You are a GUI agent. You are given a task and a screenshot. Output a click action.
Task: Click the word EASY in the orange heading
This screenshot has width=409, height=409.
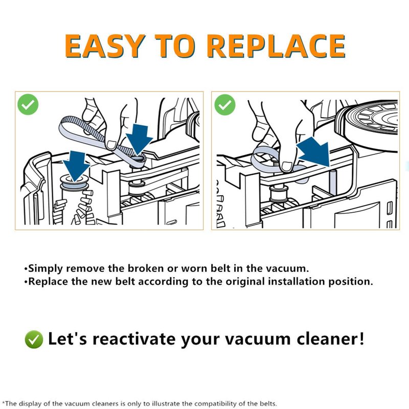[105, 46]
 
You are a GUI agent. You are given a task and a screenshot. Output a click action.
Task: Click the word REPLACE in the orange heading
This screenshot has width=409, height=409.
[277, 46]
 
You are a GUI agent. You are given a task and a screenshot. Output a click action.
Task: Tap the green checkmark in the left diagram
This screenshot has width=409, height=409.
[28, 104]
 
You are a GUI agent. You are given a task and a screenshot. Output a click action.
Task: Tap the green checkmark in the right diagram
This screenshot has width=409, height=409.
[224, 105]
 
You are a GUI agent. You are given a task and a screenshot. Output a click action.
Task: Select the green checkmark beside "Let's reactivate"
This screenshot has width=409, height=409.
[34, 339]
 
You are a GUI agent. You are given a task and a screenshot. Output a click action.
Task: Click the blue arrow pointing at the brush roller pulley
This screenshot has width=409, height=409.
[76, 166]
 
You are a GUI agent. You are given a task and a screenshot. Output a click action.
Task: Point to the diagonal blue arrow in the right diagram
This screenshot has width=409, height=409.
[314, 152]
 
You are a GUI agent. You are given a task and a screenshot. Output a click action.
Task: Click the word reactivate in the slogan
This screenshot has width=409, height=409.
[134, 339]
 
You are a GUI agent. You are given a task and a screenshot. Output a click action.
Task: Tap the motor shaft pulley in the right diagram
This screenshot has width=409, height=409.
[278, 195]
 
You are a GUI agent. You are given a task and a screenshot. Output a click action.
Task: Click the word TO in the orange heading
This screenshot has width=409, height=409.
[175, 46]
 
